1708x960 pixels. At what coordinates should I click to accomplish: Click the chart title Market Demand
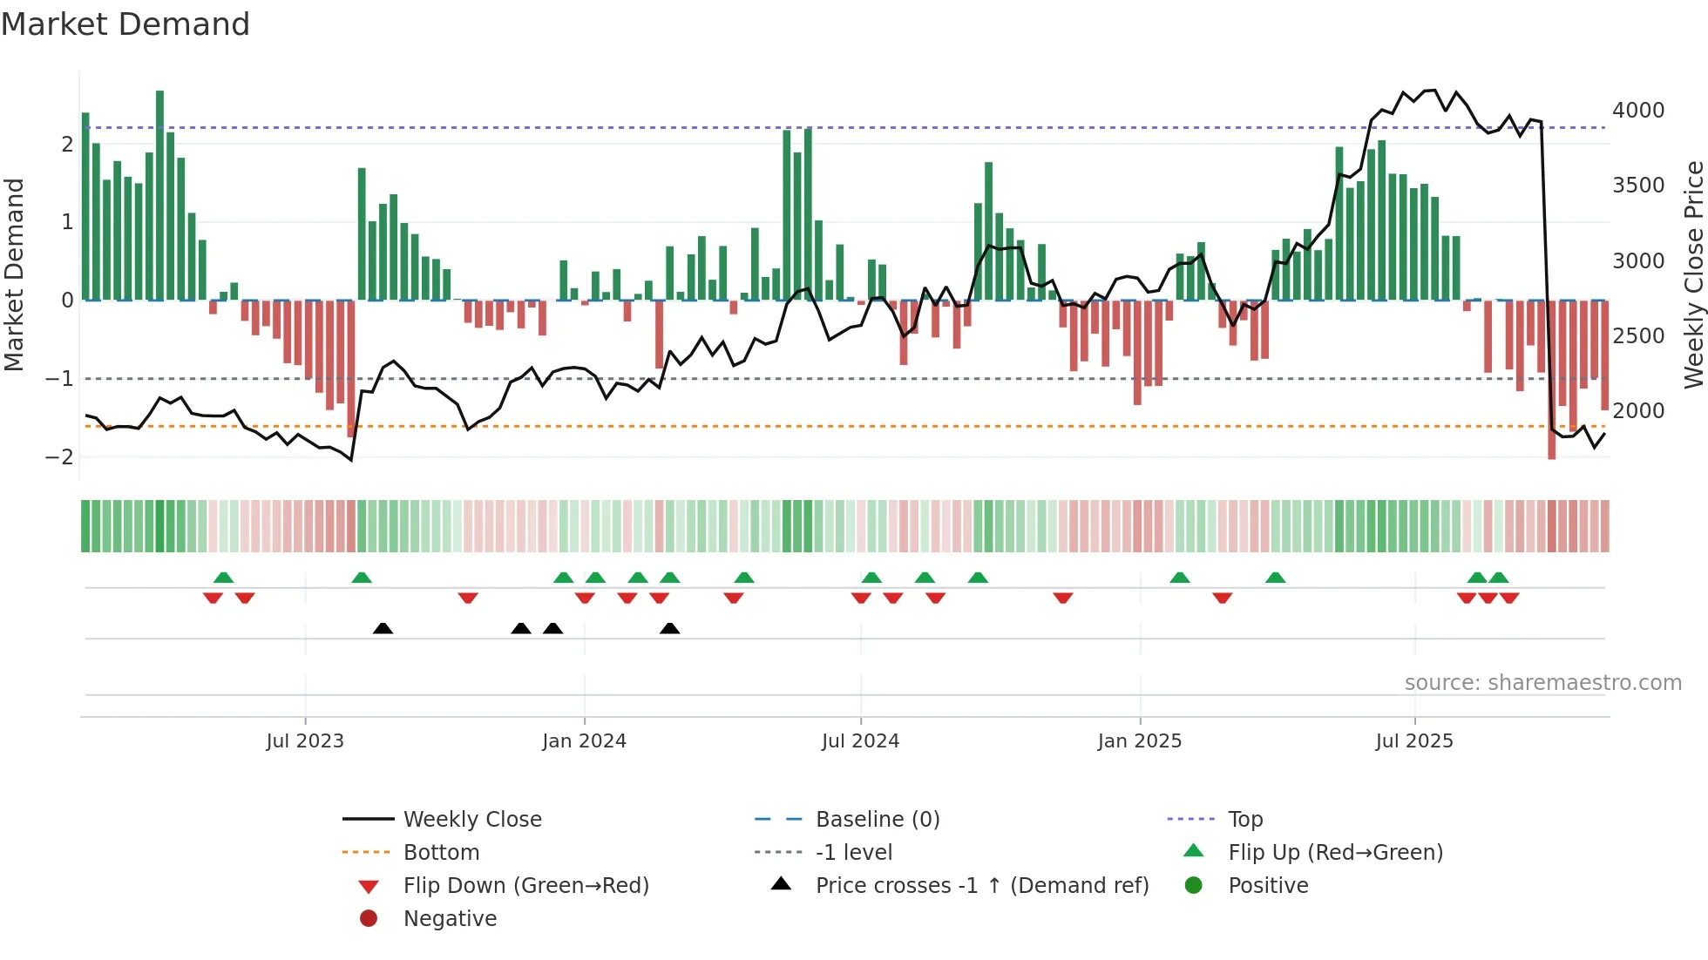(125, 24)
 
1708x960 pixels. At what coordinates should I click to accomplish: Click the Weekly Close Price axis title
(1692, 274)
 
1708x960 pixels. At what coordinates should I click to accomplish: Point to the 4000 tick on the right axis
(1637, 111)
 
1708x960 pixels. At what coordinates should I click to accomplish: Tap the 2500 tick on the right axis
(1637, 336)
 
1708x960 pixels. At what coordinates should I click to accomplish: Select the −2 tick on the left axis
(59, 456)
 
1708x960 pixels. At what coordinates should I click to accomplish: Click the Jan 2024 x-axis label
(584, 741)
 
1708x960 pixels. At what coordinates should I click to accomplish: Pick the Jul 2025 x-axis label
(1413, 741)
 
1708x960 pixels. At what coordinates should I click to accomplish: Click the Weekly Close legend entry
(471, 820)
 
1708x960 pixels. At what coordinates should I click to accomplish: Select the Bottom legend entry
(441, 853)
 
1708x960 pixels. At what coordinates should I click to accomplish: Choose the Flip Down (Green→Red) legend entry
(525, 886)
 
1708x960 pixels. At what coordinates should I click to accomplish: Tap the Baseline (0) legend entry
(877, 820)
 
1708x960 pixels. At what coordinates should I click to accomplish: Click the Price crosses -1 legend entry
(981, 886)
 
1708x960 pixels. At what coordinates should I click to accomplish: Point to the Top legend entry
(1244, 820)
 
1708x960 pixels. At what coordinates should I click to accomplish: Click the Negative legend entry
(450, 919)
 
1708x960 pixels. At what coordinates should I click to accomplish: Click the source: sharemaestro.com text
(1542, 683)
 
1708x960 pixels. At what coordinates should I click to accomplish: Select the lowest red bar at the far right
(1551, 379)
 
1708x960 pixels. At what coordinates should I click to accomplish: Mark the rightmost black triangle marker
(669, 628)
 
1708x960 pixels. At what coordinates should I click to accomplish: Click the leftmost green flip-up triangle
(223, 578)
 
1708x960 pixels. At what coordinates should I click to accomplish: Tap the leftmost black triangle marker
(383, 628)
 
